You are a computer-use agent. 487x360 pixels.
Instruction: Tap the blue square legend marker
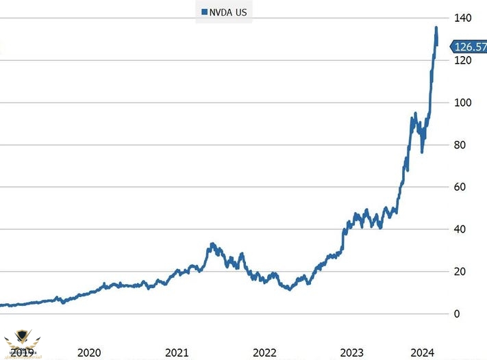click(203, 12)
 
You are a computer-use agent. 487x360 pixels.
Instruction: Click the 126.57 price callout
click(469, 47)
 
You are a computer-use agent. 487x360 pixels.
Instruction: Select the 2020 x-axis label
click(89, 352)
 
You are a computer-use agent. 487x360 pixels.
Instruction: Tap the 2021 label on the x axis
click(177, 352)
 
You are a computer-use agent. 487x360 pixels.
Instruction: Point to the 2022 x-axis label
click(264, 352)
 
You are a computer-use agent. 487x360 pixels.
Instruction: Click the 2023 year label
click(352, 352)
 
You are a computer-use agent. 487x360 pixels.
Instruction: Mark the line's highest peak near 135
click(436, 28)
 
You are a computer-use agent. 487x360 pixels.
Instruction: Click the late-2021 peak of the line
click(212, 244)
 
